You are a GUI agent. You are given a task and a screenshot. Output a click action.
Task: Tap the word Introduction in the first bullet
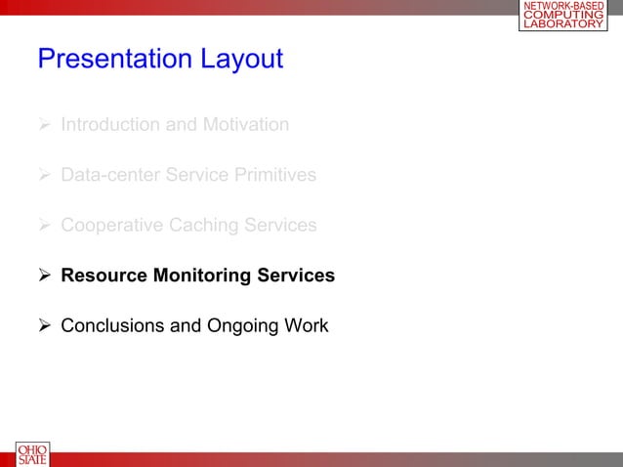(109, 125)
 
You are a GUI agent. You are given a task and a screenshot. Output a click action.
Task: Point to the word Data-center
(110, 176)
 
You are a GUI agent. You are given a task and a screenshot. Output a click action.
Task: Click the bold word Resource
(103, 276)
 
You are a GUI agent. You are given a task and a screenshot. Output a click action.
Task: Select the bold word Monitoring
(200, 276)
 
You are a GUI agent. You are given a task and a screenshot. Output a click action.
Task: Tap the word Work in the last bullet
(305, 325)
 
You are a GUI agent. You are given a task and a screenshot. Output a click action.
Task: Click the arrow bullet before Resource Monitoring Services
(45, 276)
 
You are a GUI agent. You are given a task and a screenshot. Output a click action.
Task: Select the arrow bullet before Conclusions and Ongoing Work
(45, 325)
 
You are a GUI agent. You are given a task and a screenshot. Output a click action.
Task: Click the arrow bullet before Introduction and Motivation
(45, 125)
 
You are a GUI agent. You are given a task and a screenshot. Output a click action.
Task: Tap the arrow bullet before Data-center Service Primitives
(45, 176)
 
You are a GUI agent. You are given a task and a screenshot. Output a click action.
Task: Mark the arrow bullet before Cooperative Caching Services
(45, 226)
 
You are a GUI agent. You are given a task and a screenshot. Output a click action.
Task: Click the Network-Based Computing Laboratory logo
(562, 16)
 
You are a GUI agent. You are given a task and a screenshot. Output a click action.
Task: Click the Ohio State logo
(31, 454)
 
